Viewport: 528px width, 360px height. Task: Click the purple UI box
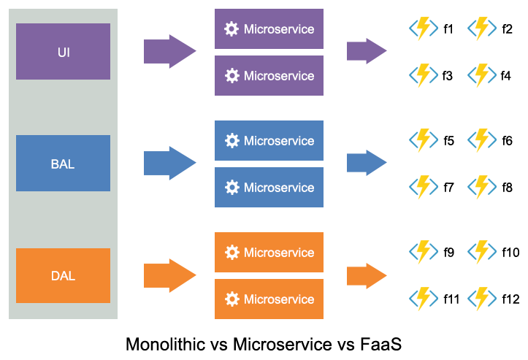63,52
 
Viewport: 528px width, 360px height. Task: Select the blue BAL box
63,164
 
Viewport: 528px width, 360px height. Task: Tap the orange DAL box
63,275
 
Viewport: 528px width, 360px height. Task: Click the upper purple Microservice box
269,29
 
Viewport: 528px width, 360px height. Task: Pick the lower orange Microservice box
269,299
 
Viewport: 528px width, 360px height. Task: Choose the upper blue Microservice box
269,140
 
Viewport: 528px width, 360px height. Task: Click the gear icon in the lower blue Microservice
232,188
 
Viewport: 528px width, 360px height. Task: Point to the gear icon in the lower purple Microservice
232,76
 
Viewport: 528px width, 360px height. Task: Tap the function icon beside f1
424,29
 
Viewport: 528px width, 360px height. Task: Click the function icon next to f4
482,75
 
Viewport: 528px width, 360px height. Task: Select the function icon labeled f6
482,141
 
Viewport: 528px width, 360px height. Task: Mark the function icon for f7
424,188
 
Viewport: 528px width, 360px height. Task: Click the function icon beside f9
424,253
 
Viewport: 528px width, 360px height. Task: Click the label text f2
507,29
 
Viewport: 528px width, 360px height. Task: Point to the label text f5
448,141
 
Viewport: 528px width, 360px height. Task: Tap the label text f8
507,188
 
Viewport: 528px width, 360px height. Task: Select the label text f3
448,75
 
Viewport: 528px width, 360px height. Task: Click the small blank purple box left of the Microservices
170,51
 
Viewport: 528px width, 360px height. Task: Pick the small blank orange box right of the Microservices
367,275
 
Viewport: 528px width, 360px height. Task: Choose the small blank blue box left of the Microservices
170,163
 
